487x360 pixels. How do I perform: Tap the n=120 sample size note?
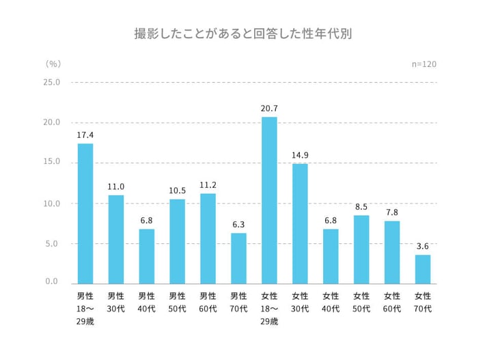(424, 64)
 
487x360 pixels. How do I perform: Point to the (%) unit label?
(53, 64)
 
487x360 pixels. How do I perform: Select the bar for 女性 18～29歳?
(269, 200)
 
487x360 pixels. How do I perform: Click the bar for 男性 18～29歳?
(85, 213)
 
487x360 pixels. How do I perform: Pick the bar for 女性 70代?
(423, 269)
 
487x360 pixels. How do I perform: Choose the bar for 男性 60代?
(208, 238)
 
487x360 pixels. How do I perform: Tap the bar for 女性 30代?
(300, 223)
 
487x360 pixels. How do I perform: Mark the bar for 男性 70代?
(238, 258)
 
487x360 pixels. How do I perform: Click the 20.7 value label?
(269, 109)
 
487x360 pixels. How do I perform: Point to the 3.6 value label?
(423, 246)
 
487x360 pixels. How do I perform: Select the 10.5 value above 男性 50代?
(177, 190)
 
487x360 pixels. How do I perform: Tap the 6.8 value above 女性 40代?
(331, 220)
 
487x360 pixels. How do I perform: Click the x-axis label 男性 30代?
(116, 302)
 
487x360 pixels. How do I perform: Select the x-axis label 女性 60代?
(392, 302)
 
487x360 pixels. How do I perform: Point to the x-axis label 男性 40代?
(147, 302)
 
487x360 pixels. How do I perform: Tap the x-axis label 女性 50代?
(361, 302)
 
